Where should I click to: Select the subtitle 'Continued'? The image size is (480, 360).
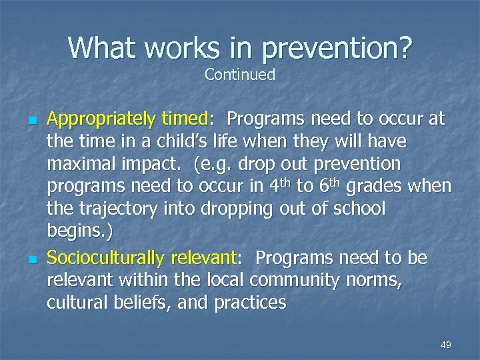click(x=240, y=75)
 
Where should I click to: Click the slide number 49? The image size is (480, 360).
click(x=445, y=345)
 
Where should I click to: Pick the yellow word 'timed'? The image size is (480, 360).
click(x=185, y=120)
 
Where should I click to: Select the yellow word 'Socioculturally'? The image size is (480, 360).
click(x=106, y=257)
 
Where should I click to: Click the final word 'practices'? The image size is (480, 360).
click(x=250, y=303)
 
